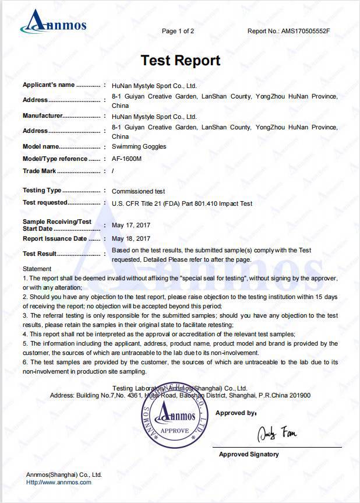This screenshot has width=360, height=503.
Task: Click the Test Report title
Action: click(180, 60)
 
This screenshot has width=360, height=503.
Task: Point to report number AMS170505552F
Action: click(305, 31)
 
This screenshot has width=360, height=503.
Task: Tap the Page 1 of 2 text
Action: click(178, 31)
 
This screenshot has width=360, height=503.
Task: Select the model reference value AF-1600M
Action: click(127, 159)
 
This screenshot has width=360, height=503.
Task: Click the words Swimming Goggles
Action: click(139, 146)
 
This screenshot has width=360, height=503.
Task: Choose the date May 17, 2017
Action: click(130, 225)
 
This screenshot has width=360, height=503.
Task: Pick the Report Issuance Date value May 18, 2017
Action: click(130, 238)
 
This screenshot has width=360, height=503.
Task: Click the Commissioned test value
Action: click(138, 191)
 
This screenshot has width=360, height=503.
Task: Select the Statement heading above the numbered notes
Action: click(37, 269)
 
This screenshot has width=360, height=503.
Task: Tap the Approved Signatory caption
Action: click(249, 454)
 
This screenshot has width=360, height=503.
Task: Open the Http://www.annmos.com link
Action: click(58, 482)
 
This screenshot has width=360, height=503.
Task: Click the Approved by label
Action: click(235, 413)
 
